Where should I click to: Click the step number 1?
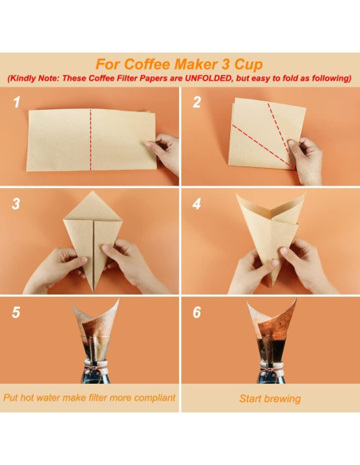coord(15,104)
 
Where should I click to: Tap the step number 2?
coord(197,104)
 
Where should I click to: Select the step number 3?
coord(16,204)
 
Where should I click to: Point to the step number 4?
coord(197,204)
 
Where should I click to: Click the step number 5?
coord(16,312)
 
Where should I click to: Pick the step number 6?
coord(197,312)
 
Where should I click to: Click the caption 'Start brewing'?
coord(270,398)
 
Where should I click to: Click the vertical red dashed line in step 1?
coord(90,139)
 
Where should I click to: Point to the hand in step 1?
coord(166,151)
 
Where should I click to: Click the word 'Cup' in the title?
coord(245,63)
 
